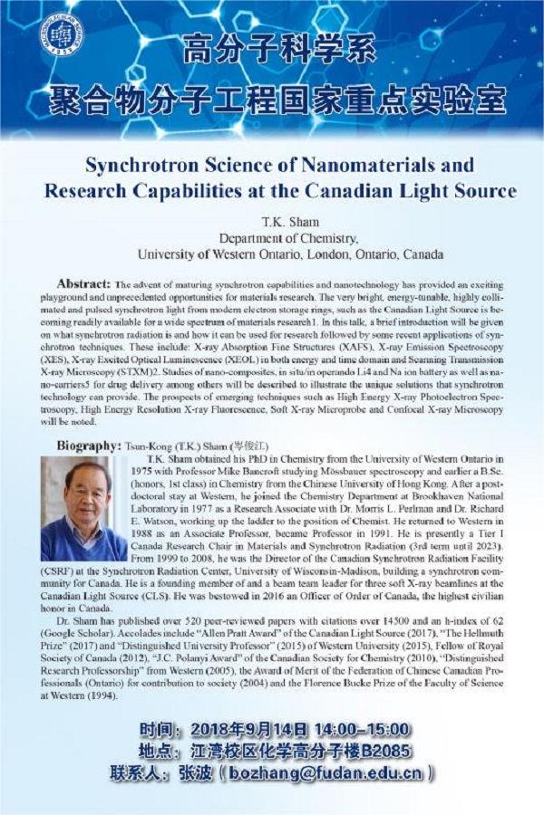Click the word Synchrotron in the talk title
pyautogui.click(x=139, y=166)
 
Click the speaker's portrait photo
pyautogui.click(x=83, y=507)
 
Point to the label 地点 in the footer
pyautogui.click(x=156, y=753)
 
